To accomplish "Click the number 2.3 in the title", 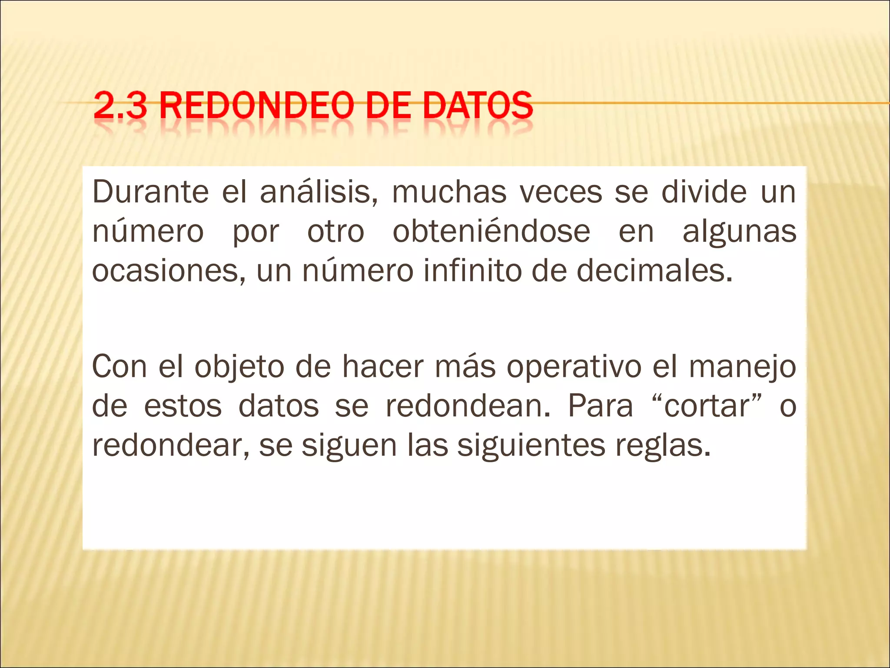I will pos(120,105).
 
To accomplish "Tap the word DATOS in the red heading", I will pos(477,105).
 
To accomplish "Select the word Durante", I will pos(150,192).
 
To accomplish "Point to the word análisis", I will pos(319,192).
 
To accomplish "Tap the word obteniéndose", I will pos(491,231).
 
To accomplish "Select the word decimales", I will pos(654,271).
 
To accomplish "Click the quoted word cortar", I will pos(707,406).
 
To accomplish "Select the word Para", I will pos(600,406).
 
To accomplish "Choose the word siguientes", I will pos(531,446).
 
